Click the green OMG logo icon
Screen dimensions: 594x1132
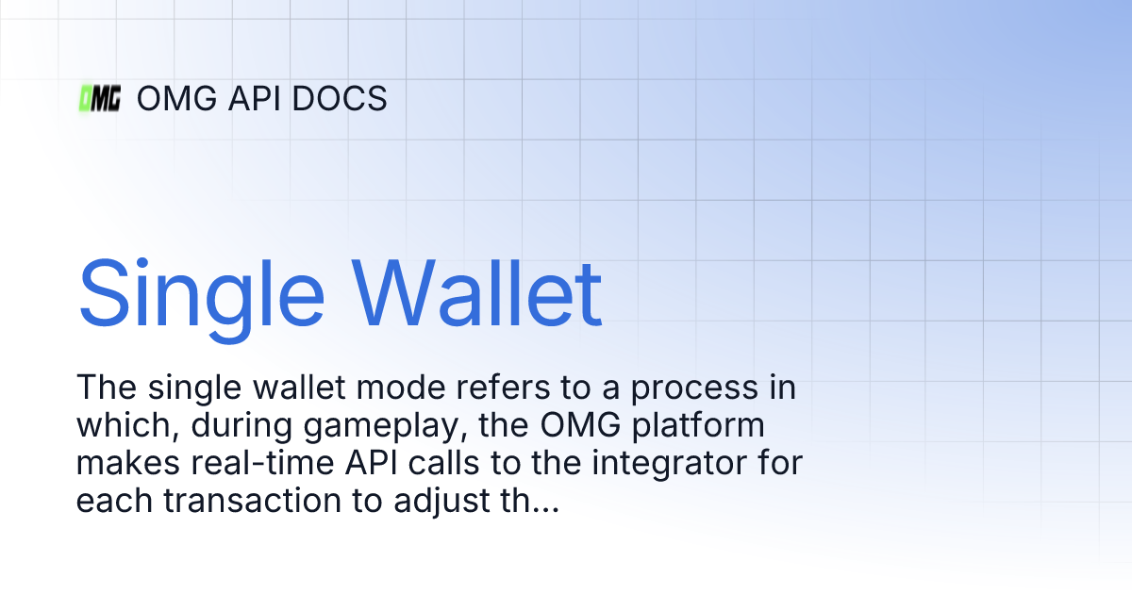(x=99, y=98)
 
